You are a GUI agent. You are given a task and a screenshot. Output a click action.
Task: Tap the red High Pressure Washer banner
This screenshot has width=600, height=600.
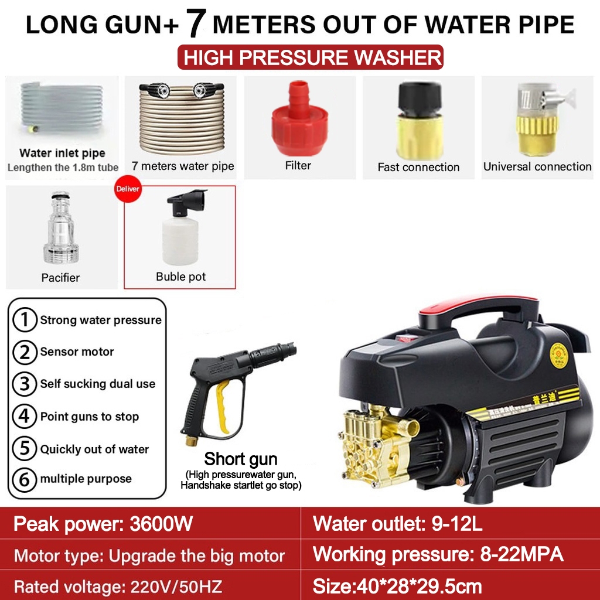click(x=310, y=58)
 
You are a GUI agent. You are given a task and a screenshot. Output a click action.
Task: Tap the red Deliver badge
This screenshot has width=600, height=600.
click(x=128, y=189)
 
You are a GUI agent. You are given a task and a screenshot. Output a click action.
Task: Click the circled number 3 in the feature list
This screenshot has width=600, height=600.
click(x=25, y=384)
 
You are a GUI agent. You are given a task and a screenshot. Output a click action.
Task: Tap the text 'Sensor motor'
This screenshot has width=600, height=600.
click(x=77, y=352)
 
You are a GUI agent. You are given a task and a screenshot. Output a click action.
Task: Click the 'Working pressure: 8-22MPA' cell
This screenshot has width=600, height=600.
click(x=438, y=554)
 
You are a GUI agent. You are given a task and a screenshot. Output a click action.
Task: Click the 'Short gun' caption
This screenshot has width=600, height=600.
click(x=240, y=459)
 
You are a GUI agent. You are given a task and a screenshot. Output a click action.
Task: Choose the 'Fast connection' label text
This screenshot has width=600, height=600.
click(x=418, y=167)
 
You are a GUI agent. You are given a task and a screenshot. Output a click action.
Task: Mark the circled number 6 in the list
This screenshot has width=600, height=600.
click(x=25, y=479)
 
